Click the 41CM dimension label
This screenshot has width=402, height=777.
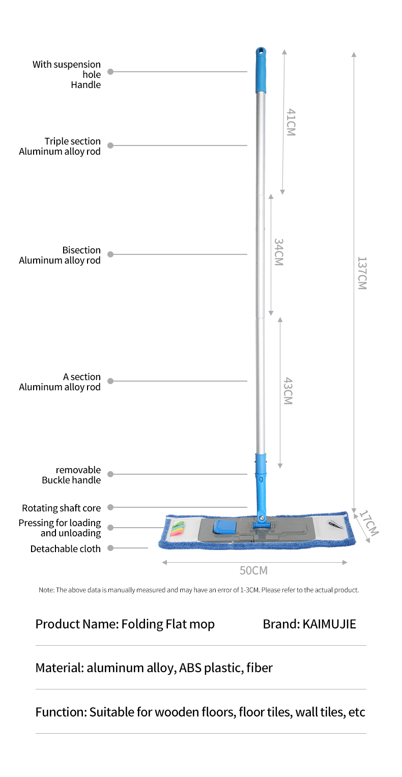(291, 122)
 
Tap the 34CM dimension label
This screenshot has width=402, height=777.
(279, 252)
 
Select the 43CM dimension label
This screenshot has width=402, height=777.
(288, 391)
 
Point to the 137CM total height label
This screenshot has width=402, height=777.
(362, 273)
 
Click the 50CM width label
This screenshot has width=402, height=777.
(253, 570)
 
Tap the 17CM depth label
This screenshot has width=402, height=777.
(369, 523)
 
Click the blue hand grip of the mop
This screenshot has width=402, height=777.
(261, 70)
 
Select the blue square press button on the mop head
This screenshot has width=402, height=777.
(225, 527)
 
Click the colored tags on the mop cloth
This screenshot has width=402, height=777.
(177, 529)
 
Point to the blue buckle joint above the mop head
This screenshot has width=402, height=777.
(261, 465)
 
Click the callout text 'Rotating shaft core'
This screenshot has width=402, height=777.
(62, 508)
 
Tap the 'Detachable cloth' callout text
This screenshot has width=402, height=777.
(66, 549)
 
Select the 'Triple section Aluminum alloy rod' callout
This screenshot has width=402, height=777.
(60, 147)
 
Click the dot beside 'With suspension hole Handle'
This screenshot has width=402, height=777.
(110, 72)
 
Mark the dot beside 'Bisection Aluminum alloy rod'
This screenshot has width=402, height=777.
(110, 254)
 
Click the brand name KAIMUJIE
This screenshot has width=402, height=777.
(329, 624)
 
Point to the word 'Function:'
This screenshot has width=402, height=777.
(61, 712)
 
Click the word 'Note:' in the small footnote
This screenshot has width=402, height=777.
(46, 590)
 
